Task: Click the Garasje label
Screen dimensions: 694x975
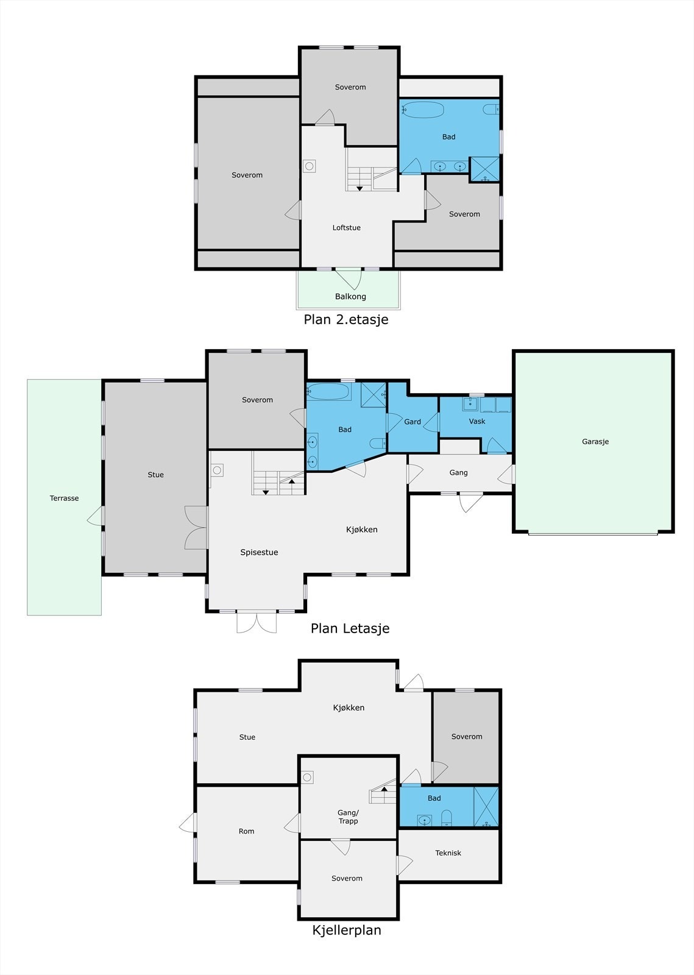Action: (x=595, y=441)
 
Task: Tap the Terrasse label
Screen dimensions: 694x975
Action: (x=64, y=498)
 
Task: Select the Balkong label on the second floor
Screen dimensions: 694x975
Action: (x=350, y=296)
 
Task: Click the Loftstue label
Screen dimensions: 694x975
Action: (x=346, y=227)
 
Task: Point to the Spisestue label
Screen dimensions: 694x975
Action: (x=259, y=552)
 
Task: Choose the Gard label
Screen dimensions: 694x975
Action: (x=412, y=421)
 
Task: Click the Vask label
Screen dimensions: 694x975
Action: (x=477, y=421)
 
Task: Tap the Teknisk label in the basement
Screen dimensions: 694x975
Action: (x=448, y=853)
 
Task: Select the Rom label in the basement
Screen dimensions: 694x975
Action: (x=246, y=831)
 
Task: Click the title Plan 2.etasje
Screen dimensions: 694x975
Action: (x=346, y=319)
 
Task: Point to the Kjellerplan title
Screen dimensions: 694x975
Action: (x=347, y=930)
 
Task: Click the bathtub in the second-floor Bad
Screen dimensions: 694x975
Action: (x=422, y=110)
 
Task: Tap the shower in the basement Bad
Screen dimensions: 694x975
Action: (x=486, y=807)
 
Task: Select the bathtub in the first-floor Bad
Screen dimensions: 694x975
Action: (x=328, y=391)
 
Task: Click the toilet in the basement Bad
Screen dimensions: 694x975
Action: (x=447, y=817)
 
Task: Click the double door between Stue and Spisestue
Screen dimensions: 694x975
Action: (x=196, y=528)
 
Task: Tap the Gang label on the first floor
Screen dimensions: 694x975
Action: (x=458, y=472)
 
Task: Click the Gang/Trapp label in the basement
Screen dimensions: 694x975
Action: (x=348, y=817)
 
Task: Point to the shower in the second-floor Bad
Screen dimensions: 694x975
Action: (x=485, y=169)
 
